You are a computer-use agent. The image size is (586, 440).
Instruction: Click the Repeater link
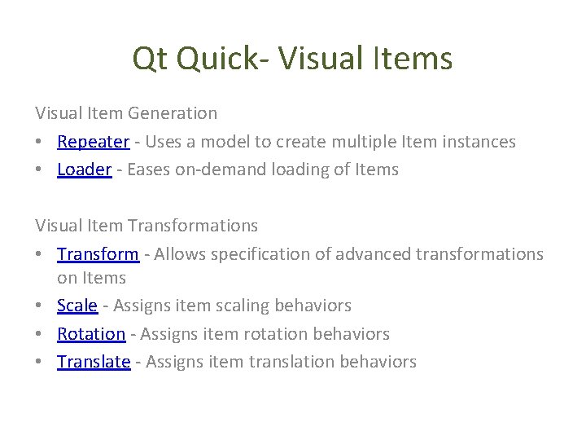(x=93, y=142)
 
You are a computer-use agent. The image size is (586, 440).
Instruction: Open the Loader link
(x=84, y=169)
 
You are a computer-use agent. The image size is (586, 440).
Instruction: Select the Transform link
(x=98, y=254)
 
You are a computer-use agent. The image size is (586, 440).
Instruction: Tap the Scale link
(x=77, y=306)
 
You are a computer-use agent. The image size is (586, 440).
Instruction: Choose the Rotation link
(x=91, y=334)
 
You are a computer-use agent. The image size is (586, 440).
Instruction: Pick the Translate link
(x=94, y=362)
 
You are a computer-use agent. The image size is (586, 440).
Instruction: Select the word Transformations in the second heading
(x=192, y=226)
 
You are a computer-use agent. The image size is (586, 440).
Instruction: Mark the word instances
(x=479, y=142)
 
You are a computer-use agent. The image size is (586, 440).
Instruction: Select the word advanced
(x=372, y=254)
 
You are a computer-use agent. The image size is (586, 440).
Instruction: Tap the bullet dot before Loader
(x=40, y=170)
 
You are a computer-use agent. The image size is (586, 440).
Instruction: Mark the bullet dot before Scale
(x=40, y=306)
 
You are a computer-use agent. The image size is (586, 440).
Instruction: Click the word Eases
(x=149, y=169)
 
